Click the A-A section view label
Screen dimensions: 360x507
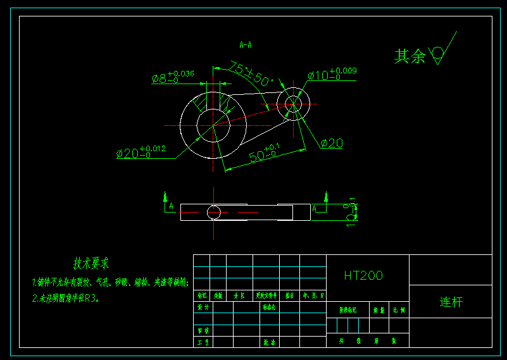[x=246, y=45]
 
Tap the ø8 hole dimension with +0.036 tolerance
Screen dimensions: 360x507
[x=173, y=77]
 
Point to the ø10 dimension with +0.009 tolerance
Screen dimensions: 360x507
[x=332, y=74]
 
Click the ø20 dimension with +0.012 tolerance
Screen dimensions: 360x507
[x=141, y=152]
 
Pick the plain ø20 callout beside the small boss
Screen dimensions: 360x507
[x=332, y=144]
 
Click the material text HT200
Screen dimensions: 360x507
[x=363, y=275]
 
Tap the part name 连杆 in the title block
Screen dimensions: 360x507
[x=451, y=302]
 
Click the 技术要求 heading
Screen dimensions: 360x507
[x=91, y=263]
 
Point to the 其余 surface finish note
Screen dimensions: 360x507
[x=410, y=56]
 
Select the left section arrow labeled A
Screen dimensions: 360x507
[x=166, y=202]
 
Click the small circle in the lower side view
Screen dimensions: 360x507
[x=214, y=212]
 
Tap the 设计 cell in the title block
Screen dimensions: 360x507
[x=203, y=307]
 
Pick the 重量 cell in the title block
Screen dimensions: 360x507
[x=379, y=311]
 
